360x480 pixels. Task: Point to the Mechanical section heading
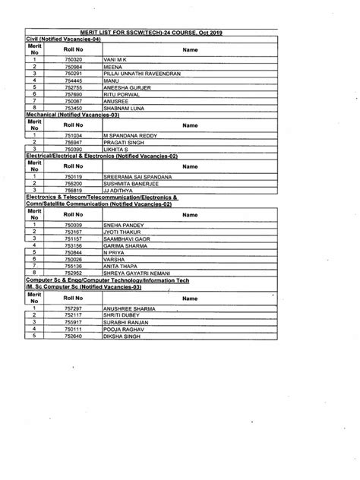coord(77,115)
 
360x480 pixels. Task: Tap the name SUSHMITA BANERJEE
coord(141,184)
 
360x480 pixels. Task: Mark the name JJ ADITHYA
coord(126,191)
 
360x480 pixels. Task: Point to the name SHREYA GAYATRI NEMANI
coord(147,273)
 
